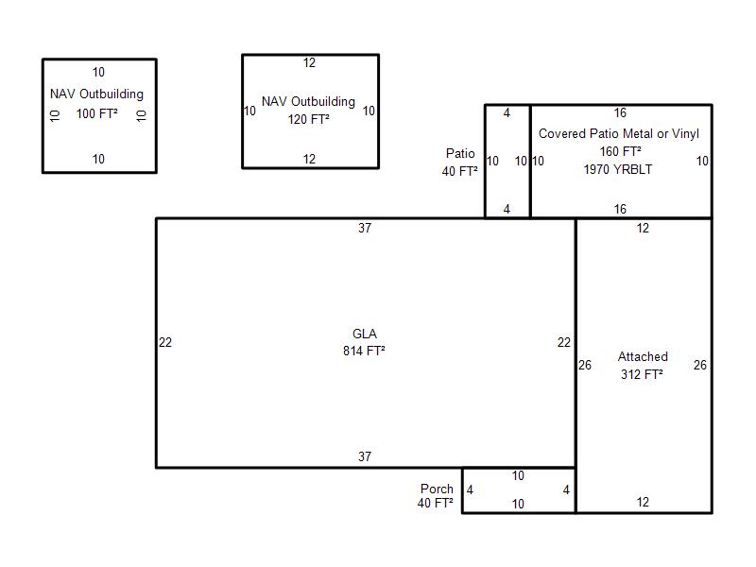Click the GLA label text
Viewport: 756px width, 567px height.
coord(365,334)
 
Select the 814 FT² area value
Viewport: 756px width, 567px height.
coord(364,351)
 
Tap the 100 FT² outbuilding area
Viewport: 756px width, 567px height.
coord(97,113)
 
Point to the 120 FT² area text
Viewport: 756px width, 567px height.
coord(309,119)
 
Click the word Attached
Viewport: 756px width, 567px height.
coord(643,357)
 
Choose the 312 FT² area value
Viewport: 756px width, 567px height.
coord(642,374)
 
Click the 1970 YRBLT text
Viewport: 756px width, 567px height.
coord(618,169)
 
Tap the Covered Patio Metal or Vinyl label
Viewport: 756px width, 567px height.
coord(619,133)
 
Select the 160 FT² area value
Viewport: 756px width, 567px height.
coord(621,151)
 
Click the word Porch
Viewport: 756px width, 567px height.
coord(437,489)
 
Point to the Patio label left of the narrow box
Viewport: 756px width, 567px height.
coord(460,153)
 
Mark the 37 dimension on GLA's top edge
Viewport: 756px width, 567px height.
coord(365,228)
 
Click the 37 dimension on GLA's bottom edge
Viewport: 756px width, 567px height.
coord(365,456)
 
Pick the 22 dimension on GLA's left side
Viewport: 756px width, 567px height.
coord(165,342)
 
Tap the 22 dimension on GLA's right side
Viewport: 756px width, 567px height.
coord(564,342)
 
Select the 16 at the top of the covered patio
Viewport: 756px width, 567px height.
coord(620,112)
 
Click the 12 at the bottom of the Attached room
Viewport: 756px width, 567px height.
coord(643,503)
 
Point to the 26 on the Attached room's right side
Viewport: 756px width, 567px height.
coord(700,365)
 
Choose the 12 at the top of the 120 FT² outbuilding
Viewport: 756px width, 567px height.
coord(309,62)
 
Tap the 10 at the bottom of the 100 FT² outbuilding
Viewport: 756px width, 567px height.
coord(98,159)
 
